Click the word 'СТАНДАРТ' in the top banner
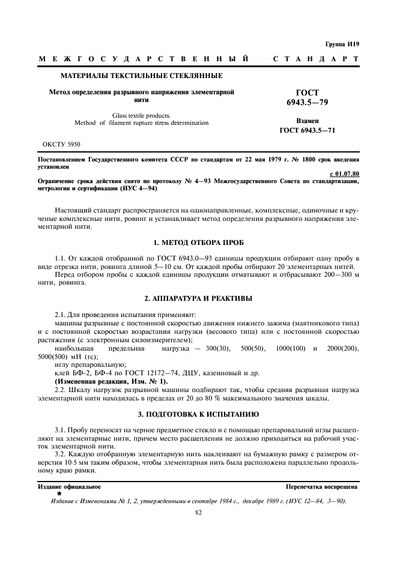pos(316,59)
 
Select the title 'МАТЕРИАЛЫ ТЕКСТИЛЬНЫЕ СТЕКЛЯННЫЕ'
pos(142,76)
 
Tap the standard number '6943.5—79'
pos(307,103)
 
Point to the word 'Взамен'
pos(307,121)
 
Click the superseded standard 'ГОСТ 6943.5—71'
pos(307,130)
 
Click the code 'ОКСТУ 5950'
pos(62,145)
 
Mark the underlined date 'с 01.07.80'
pos(346,174)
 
